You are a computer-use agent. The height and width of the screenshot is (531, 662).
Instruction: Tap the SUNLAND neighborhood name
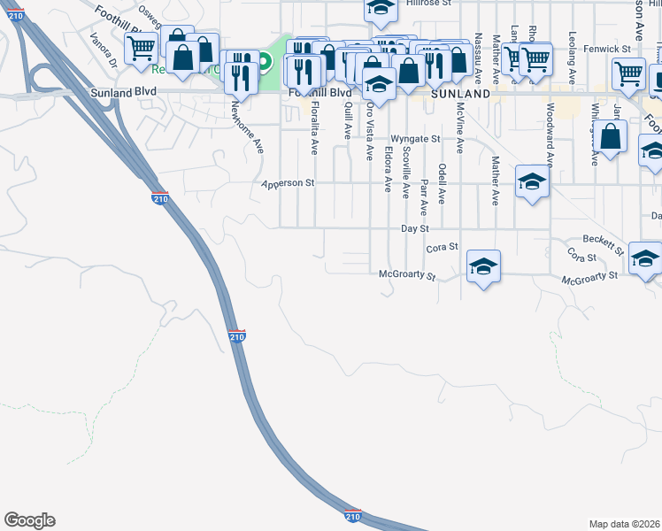(460, 93)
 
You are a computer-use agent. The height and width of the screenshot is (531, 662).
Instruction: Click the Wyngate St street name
(415, 139)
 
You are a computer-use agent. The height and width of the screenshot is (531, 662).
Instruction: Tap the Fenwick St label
(612, 49)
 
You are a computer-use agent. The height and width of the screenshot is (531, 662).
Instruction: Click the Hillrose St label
(428, 4)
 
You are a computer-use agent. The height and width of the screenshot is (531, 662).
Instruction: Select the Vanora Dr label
(104, 50)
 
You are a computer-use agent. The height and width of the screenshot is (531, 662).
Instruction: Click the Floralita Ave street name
(314, 128)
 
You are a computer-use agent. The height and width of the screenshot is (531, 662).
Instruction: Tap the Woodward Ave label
(550, 135)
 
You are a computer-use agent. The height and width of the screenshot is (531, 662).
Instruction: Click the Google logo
(29, 520)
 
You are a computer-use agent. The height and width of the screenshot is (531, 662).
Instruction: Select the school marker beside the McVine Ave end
(483, 265)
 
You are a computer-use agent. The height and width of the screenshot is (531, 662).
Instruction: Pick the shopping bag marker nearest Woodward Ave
(611, 136)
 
